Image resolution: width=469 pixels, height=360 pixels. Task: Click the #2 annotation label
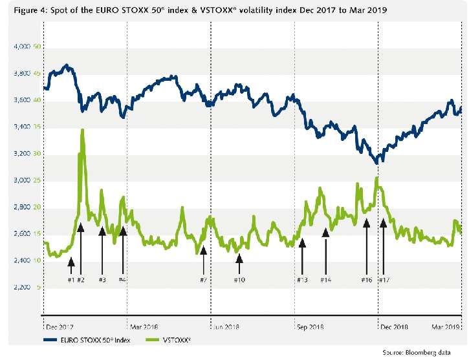click(81, 279)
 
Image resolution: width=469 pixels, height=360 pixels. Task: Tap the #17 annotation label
click(383, 279)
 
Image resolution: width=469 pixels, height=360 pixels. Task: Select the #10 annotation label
click(239, 279)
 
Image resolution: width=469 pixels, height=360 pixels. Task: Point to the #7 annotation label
click(203, 279)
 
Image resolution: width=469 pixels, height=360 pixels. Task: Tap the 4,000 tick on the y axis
click(22, 47)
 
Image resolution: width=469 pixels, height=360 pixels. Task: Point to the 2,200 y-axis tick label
click(22, 287)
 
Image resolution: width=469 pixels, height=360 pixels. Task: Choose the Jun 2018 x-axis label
click(228, 327)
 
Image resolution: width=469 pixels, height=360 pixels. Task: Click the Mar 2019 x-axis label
click(445, 327)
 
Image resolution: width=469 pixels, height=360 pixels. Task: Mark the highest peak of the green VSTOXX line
click(82, 130)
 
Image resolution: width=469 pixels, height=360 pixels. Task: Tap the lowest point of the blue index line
click(376, 163)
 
